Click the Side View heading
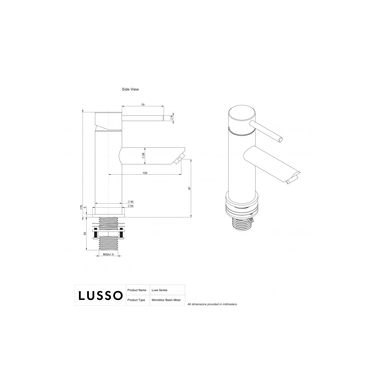[x=130, y=89]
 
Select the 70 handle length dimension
[x=143, y=104]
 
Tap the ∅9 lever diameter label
[x=172, y=118]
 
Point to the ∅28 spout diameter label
[x=143, y=156]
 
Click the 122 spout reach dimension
[x=145, y=173]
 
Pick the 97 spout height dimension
[x=189, y=188]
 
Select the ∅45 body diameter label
[x=130, y=201]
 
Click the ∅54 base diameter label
[x=130, y=206]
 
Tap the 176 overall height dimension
[x=81, y=207]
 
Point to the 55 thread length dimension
[x=85, y=233]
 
